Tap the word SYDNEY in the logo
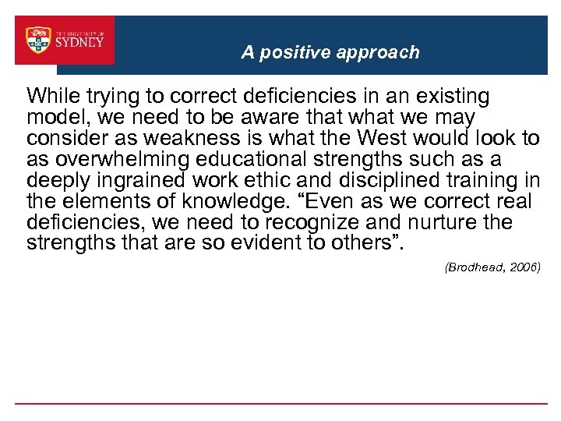[x=79, y=43]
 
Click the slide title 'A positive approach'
[x=330, y=52]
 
